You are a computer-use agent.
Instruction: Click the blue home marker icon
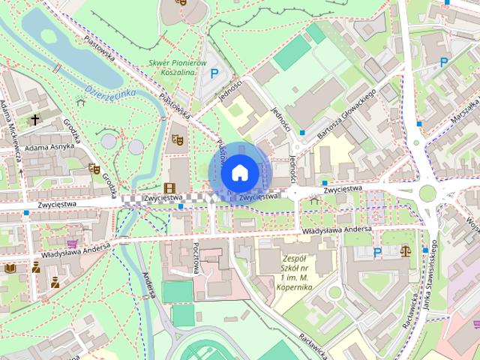(238, 172)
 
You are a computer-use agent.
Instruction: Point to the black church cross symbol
(34, 119)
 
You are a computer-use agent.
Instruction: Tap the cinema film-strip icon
(170, 187)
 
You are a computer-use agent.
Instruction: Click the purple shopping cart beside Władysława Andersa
(72, 244)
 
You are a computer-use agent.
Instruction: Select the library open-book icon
(10, 268)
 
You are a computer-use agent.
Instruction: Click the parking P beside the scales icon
(377, 253)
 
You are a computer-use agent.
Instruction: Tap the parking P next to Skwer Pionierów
(214, 73)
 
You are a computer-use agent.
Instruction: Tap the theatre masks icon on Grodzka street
(94, 169)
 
